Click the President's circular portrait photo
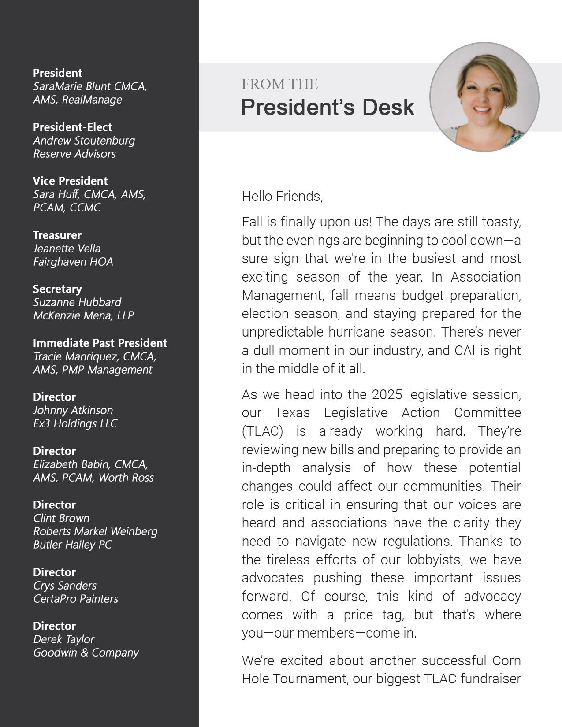pyautogui.click(x=484, y=97)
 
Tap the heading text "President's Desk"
pyautogui.click(x=328, y=107)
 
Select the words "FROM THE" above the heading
pyautogui.click(x=279, y=84)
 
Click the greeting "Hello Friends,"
pyautogui.click(x=282, y=196)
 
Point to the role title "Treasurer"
pyautogui.click(x=57, y=235)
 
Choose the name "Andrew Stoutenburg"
pyautogui.click(x=84, y=141)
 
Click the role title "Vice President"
pyautogui.click(x=70, y=181)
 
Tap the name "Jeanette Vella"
pyautogui.click(x=67, y=248)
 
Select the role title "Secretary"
pyautogui.click(x=57, y=289)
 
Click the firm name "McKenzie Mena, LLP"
pyautogui.click(x=83, y=315)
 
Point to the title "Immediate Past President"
pyautogui.click(x=100, y=343)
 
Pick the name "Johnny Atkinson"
pyautogui.click(x=73, y=410)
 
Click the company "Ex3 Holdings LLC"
pyautogui.click(x=75, y=423)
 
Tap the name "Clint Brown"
pyautogui.click(x=61, y=518)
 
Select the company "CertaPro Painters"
pyautogui.click(x=76, y=599)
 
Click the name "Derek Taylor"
pyautogui.click(x=64, y=639)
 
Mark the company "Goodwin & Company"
pyautogui.click(x=86, y=653)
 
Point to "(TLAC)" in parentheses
pyautogui.click(x=262, y=431)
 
